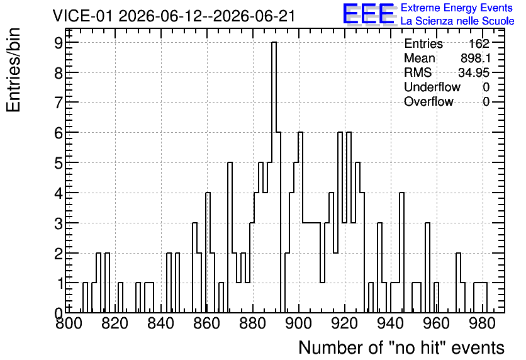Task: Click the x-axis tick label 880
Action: pyautogui.click(x=253, y=323)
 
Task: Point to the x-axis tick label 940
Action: pyautogui.click(x=391, y=323)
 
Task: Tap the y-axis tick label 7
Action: pyautogui.click(x=59, y=103)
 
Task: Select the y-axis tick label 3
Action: pyautogui.click(x=59, y=223)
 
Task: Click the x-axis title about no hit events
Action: pyautogui.click(x=401, y=347)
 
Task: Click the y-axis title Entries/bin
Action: pyautogui.click(x=13, y=70)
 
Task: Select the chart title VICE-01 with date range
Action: pyautogui.click(x=174, y=16)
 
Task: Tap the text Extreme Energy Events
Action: pyautogui.click(x=457, y=8)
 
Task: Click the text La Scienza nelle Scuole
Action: pyautogui.click(x=457, y=21)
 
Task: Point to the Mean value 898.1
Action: pyautogui.click(x=476, y=58)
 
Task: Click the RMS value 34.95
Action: pyautogui.click(x=474, y=72)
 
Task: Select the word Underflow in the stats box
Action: pyautogui.click(x=432, y=87)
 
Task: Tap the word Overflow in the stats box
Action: pyautogui.click(x=428, y=101)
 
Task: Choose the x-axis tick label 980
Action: pyautogui.click(x=483, y=323)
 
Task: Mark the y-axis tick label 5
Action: pyautogui.click(x=59, y=163)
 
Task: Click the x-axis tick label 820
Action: pyautogui.click(x=115, y=323)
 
